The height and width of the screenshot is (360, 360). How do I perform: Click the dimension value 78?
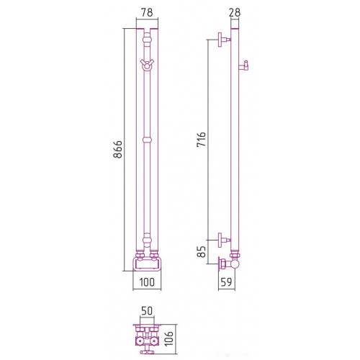[147, 12]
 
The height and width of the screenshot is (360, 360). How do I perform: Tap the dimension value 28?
[235, 12]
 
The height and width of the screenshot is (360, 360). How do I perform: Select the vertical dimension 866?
[117, 150]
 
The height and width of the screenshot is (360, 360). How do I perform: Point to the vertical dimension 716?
[201, 140]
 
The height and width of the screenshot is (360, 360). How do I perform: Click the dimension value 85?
[202, 252]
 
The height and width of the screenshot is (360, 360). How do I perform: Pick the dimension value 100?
[147, 282]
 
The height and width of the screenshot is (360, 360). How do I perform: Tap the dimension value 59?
[227, 282]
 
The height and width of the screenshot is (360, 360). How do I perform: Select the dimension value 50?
[147, 311]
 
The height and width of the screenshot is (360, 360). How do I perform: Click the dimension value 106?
[169, 338]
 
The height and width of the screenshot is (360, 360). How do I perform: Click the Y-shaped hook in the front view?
[147, 65]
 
